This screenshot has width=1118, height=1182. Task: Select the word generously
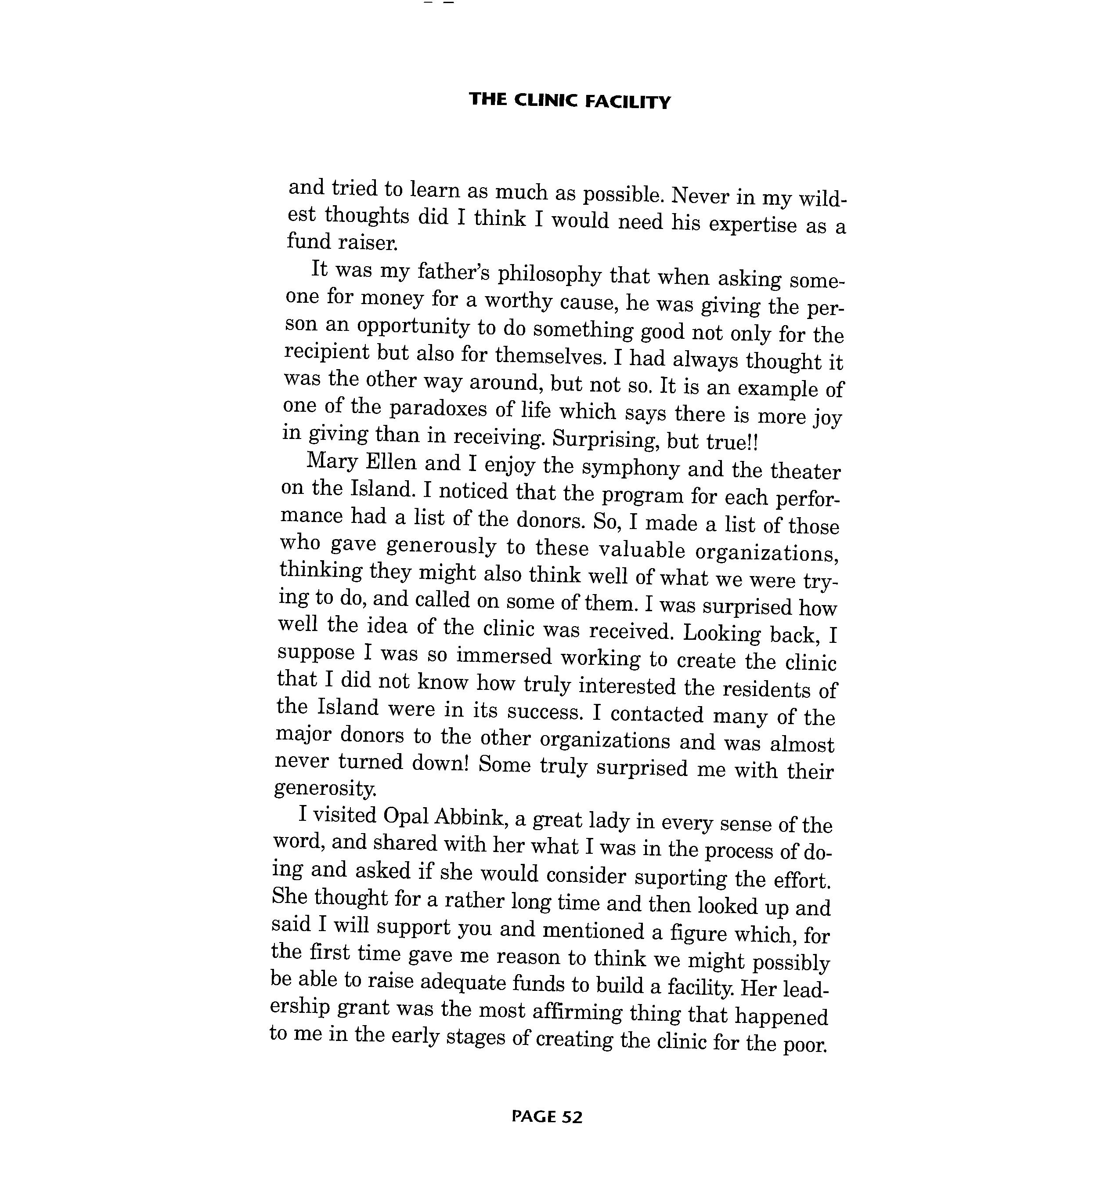(441, 546)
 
